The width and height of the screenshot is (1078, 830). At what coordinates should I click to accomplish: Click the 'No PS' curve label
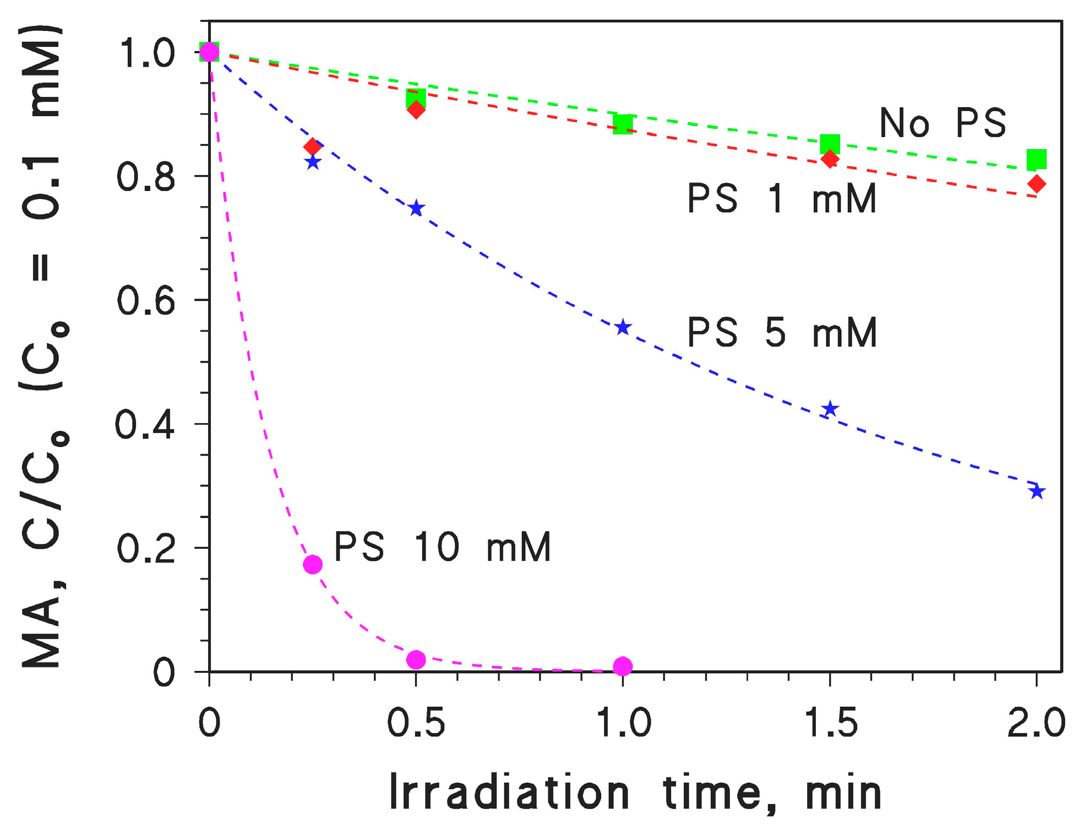tap(943, 123)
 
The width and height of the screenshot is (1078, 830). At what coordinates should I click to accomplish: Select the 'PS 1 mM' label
tap(782, 198)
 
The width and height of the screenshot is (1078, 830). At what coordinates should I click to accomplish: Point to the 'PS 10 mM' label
tap(442, 547)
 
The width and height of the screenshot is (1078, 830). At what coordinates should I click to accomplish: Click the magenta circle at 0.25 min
tap(313, 564)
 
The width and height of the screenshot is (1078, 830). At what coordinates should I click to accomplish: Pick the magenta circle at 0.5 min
tap(416, 659)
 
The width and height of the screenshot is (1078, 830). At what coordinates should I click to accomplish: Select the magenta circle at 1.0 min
tap(623, 666)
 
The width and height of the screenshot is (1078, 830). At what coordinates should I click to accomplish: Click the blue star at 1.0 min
tap(623, 328)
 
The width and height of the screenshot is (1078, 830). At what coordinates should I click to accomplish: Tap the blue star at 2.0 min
tap(1037, 491)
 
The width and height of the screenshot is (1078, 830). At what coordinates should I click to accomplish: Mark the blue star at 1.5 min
tap(830, 409)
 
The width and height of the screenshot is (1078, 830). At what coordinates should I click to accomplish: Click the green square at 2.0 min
tap(1037, 160)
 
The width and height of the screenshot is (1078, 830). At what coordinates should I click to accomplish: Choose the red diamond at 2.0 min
tap(1037, 184)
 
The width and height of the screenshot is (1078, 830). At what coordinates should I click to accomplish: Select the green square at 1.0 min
tap(623, 124)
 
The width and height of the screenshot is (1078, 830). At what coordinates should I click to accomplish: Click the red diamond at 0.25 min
tap(313, 147)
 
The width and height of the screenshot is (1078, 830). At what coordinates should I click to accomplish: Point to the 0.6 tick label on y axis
tap(145, 301)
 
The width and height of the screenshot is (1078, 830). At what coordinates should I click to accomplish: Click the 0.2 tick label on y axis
tap(145, 549)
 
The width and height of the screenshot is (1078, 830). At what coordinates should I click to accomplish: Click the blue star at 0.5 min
tap(416, 208)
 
